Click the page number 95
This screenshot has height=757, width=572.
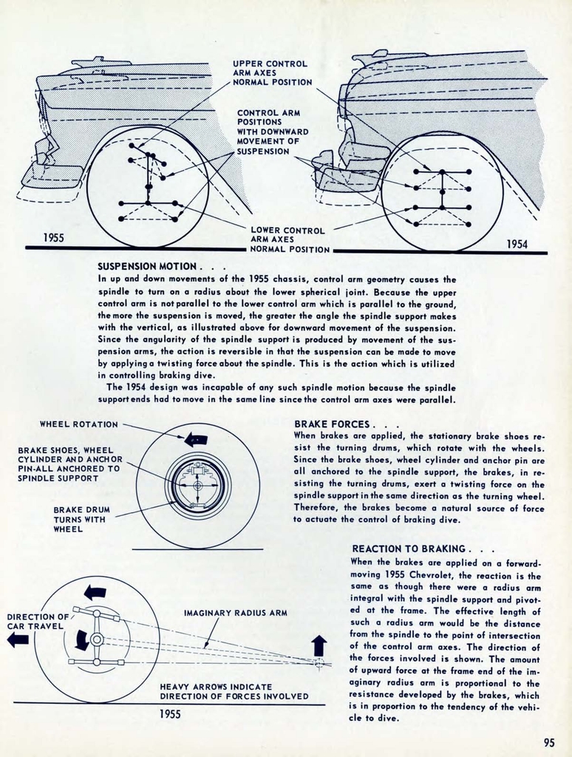click(x=548, y=743)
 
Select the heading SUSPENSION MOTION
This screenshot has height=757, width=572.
click(x=147, y=266)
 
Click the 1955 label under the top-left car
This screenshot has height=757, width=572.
click(x=53, y=237)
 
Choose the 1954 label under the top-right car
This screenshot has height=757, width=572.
click(x=517, y=244)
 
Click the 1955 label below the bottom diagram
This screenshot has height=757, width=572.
click(x=170, y=714)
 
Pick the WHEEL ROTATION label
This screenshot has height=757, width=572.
click(x=78, y=424)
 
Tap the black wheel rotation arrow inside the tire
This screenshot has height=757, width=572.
click(x=196, y=439)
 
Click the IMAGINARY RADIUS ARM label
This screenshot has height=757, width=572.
click(x=235, y=612)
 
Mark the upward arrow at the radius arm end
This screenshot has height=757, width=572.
click(x=319, y=645)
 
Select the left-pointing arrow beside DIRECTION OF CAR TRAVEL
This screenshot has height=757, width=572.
click(x=18, y=639)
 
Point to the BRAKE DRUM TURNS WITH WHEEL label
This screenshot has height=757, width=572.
click(x=79, y=519)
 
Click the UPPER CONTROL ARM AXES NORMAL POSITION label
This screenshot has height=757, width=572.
click(x=272, y=73)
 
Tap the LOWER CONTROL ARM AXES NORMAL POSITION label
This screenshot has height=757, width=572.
click(x=290, y=240)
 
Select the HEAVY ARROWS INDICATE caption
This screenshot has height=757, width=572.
click(x=216, y=687)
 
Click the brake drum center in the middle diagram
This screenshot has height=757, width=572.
click(x=197, y=486)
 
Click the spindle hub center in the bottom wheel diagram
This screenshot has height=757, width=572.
click(x=97, y=639)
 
